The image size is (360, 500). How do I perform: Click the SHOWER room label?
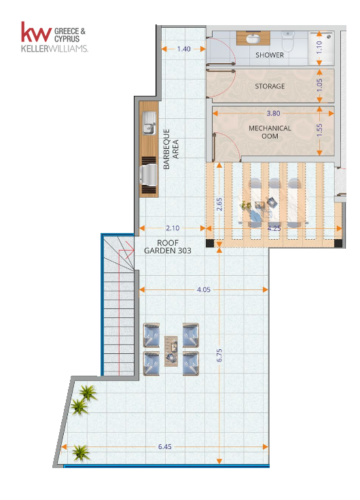(270, 55)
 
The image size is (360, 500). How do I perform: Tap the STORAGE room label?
(270, 86)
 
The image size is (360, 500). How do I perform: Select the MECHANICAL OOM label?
(270, 132)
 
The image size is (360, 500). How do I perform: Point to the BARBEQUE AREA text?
(170, 149)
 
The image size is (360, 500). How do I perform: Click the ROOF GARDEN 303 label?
(168, 247)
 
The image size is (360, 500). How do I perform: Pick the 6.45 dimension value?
(165, 447)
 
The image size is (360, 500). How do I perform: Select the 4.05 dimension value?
(204, 289)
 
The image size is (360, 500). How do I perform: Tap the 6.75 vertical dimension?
(219, 355)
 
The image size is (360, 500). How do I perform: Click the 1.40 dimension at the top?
(183, 49)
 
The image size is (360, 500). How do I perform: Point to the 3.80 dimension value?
(273, 113)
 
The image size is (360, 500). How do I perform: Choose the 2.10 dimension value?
(173, 228)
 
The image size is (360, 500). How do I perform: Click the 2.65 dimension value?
(219, 204)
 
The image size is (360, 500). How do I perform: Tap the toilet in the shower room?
(287, 41)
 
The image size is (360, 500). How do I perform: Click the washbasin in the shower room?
(253, 39)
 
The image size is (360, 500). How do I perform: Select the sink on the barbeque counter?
(149, 123)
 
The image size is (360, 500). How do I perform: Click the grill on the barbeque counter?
(149, 175)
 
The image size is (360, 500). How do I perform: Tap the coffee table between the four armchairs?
(171, 351)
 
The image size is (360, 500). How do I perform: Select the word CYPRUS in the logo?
(67, 39)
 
